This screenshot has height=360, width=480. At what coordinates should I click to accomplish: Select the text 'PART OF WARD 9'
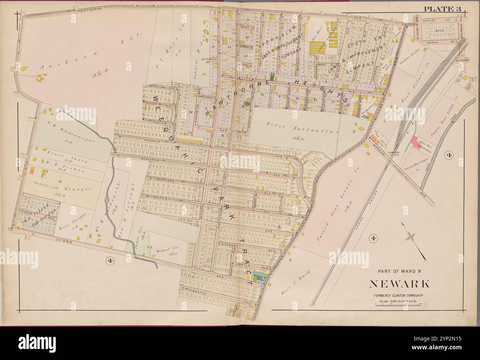click(x=400, y=271)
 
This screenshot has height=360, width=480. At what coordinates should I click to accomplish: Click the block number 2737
click(x=439, y=31)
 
